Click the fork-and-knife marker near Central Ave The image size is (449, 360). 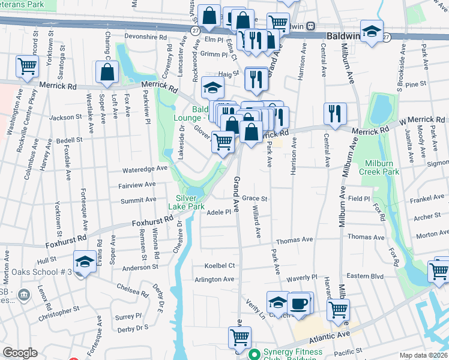(335, 114)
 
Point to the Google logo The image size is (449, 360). (20, 353)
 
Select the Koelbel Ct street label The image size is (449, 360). (219, 265)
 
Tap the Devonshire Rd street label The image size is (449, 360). (145, 37)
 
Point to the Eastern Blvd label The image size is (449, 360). (369, 276)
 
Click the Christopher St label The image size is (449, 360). (58, 313)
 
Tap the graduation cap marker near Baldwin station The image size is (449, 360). (372, 31)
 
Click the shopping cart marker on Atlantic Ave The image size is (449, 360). (240, 338)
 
